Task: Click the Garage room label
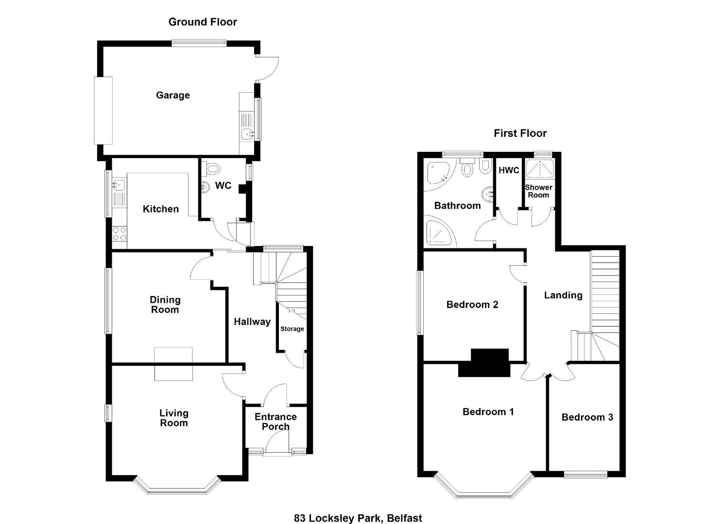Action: [x=173, y=95]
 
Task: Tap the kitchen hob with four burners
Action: [x=120, y=234]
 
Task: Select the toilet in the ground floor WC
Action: [x=212, y=168]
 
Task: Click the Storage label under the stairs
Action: [x=292, y=328]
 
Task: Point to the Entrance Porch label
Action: [x=275, y=422]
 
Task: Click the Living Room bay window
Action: [x=177, y=486]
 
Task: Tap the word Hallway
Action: [x=252, y=322]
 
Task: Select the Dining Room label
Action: [x=165, y=304]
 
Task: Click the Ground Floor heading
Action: [x=203, y=22]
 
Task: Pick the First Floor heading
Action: [x=520, y=133]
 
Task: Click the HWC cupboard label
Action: [x=509, y=170]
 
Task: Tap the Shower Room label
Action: [x=538, y=191]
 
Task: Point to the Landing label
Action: [x=563, y=295]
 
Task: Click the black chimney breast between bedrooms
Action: [x=484, y=362]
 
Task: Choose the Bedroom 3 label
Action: [x=587, y=417]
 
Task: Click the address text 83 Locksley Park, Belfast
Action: [x=358, y=509]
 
